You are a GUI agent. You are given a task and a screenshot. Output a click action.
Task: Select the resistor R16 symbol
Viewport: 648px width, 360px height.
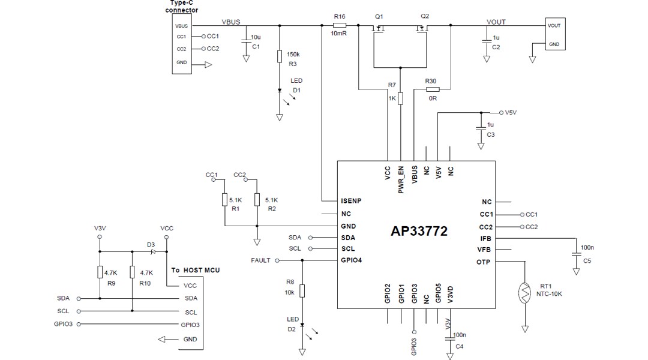click(x=339, y=26)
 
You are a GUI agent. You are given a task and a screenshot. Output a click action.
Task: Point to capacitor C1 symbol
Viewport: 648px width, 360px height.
click(x=246, y=41)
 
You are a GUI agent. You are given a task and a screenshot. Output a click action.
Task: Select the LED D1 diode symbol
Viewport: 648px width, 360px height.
click(x=280, y=91)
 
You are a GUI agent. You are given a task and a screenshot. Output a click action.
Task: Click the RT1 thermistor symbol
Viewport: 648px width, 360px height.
click(x=525, y=292)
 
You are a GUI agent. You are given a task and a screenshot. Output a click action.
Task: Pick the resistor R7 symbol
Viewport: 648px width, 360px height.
click(x=400, y=98)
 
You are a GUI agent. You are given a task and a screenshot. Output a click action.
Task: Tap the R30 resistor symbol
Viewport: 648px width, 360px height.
click(x=433, y=89)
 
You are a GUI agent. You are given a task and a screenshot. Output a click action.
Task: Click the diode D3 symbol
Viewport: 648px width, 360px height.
click(x=152, y=251)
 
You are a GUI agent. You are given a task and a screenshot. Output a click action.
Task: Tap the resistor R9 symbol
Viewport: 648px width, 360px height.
click(x=100, y=272)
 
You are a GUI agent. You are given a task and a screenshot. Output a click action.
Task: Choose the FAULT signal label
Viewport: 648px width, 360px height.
click(x=261, y=260)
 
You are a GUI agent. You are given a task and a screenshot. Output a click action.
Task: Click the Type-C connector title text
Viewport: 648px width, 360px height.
click(x=182, y=7)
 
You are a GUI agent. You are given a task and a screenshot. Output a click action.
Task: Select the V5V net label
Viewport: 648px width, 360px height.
click(x=511, y=112)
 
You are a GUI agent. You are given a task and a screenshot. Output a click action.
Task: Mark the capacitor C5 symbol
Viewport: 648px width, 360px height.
click(x=577, y=254)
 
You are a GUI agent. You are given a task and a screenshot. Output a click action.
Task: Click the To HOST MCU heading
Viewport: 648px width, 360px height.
click(x=195, y=271)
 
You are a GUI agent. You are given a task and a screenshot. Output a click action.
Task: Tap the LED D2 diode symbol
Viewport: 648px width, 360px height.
click(x=302, y=325)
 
